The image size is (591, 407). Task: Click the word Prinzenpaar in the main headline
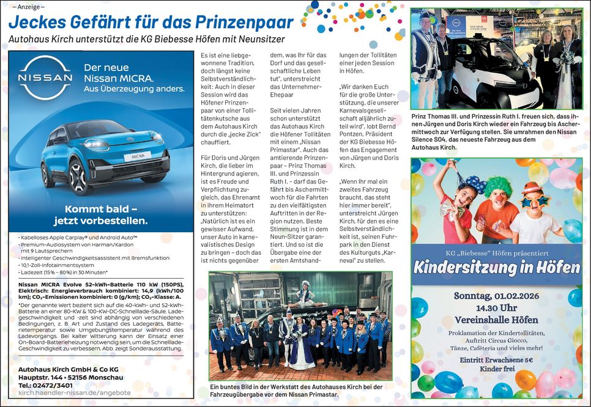[x=244, y=22]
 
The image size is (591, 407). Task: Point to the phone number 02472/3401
[x=54, y=385]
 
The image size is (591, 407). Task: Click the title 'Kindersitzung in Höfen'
[x=496, y=267]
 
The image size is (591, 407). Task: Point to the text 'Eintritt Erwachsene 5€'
[x=497, y=361]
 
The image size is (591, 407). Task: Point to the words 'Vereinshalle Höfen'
[x=496, y=320]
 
